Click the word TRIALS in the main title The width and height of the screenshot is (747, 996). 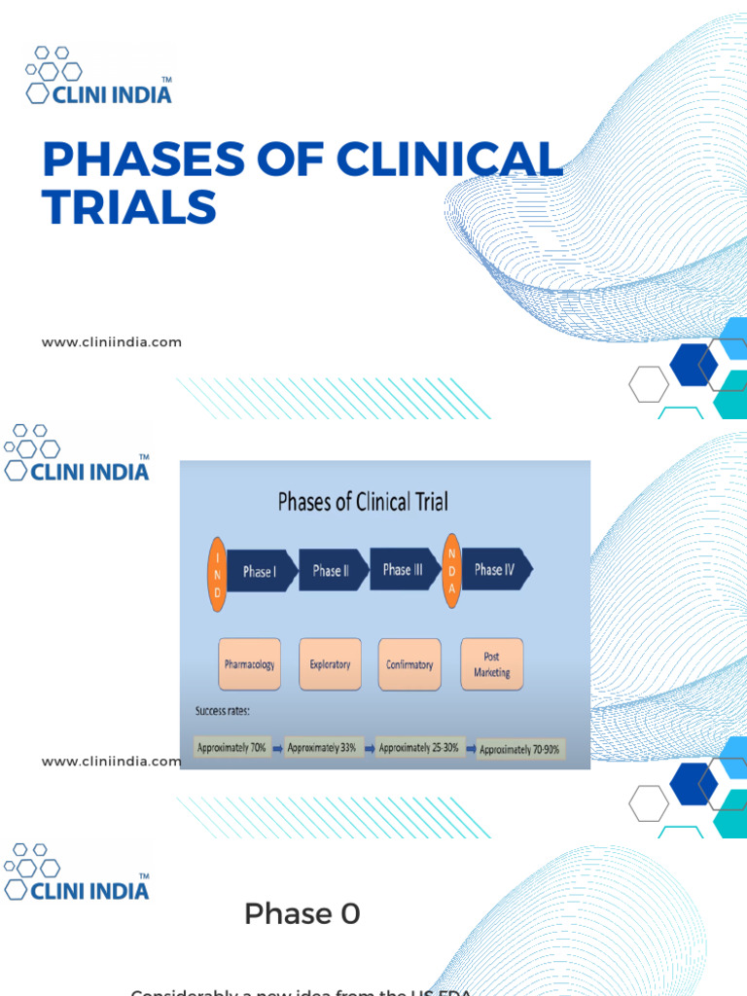tap(129, 207)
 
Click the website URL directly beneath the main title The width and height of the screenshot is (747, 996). tap(111, 342)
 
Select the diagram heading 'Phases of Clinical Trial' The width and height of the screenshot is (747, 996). tap(363, 502)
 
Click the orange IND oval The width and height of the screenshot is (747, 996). tap(218, 573)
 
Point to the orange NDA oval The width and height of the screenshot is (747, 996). tap(451, 570)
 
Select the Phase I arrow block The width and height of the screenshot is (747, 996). tap(260, 572)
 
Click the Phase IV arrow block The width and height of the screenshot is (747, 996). tap(496, 570)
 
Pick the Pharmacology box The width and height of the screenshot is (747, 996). tap(249, 664)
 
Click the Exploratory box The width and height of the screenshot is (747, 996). tap(330, 664)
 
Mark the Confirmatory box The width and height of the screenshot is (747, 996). tap(409, 664)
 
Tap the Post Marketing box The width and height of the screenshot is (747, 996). tap(491, 664)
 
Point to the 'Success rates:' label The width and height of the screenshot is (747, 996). tap(223, 711)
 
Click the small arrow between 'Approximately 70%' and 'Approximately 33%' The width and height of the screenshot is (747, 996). tap(277, 749)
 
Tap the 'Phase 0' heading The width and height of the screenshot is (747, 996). tap(302, 914)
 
